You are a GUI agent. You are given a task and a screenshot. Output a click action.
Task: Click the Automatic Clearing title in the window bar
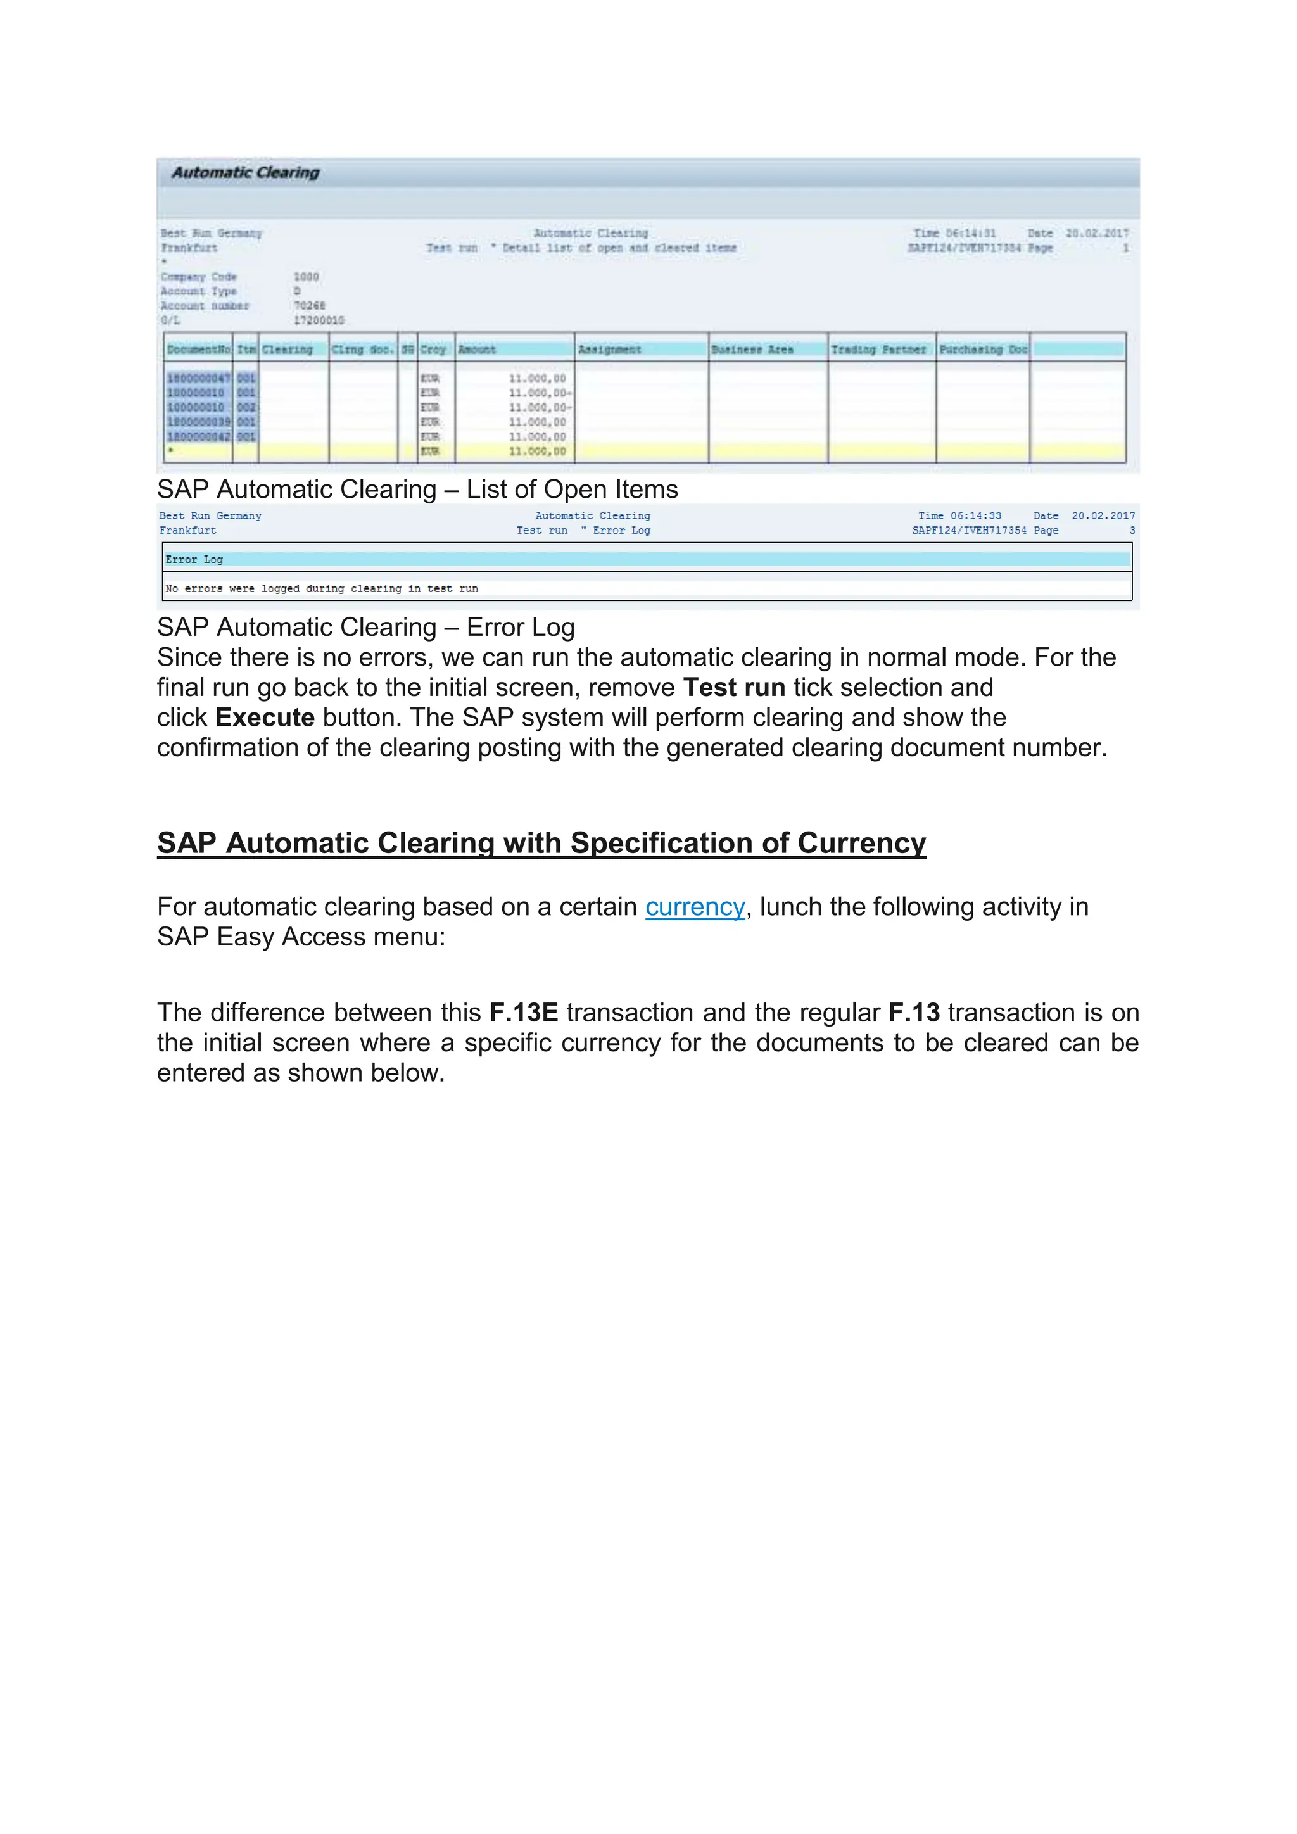pyautogui.click(x=245, y=172)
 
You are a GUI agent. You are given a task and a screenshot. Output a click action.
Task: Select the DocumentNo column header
pyautogui.click(x=199, y=350)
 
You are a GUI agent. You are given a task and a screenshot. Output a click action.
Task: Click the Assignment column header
pyautogui.click(x=609, y=350)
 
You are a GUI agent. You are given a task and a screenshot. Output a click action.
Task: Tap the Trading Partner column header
pyautogui.click(x=878, y=350)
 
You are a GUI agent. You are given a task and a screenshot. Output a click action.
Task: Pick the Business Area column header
pyautogui.click(x=752, y=350)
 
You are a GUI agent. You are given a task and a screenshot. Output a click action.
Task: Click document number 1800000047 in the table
pyautogui.click(x=198, y=378)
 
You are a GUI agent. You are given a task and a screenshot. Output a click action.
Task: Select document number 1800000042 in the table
pyautogui.click(x=198, y=436)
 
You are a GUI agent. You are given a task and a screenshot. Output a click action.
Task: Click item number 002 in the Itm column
pyautogui.click(x=246, y=407)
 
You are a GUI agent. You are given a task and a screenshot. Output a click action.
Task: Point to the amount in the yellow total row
pyautogui.click(x=536, y=452)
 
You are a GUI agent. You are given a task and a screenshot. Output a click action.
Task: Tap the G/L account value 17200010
pyautogui.click(x=319, y=320)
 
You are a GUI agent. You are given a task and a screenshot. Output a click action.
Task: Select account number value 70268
pyautogui.click(x=309, y=306)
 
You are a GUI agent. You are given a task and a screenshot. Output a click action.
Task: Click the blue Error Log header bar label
pyautogui.click(x=194, y=559)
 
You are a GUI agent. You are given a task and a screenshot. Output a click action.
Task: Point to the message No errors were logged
pyautogui.click(x=321, y=589)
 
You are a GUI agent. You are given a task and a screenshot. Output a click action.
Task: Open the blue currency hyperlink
pyautogui.click(x=695, y=908)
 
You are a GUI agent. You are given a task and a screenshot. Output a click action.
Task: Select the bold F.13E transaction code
pyautogui.click(x=523, y=1013)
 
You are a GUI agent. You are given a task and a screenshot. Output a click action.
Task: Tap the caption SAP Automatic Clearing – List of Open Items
pyautogui.click(x=417, y=489)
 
